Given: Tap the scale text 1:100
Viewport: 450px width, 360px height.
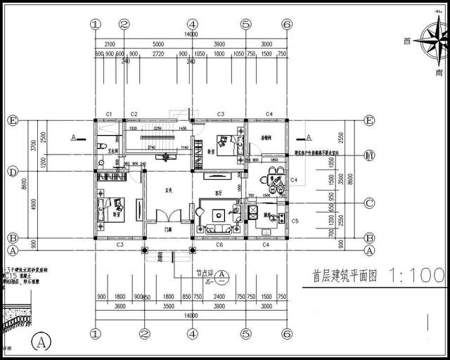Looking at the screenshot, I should point(416,276).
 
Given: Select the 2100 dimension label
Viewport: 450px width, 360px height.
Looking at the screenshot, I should point(109,44).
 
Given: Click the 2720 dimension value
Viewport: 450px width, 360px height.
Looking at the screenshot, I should point(158,53).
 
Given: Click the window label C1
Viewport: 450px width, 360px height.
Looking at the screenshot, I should point(109,113).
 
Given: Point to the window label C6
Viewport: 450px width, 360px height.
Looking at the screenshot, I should point(219,245).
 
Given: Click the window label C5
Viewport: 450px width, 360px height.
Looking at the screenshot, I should point(295,221).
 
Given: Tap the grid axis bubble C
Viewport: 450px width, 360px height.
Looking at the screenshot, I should point(368,203).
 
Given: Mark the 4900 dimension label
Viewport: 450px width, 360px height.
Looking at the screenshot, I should point(32,204).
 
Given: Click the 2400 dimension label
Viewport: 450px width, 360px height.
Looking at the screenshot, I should point(219,297).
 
